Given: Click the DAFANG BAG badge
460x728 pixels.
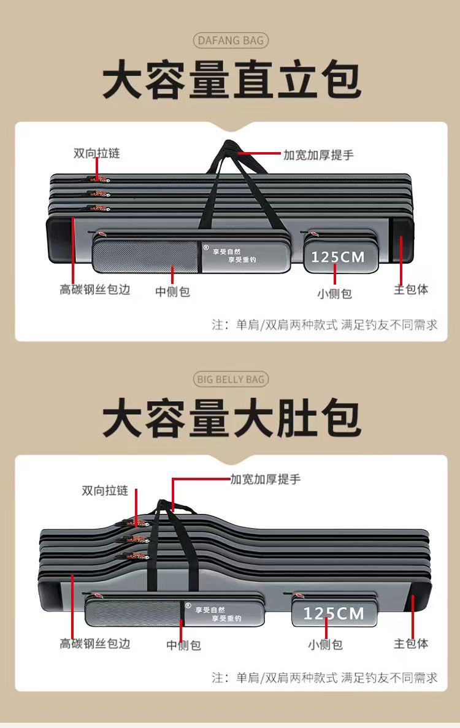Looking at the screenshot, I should (231, 41).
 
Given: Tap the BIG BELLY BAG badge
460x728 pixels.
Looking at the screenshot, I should (231, 379).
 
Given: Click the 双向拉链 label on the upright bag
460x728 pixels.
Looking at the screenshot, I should (96, 153).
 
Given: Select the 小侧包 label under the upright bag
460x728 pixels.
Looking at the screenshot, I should (334, 294).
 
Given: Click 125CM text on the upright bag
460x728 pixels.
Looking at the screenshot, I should (337, 256).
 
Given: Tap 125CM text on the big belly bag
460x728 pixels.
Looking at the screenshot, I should (333, 613).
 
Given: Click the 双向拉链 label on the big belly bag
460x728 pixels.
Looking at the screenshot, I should (105, 491).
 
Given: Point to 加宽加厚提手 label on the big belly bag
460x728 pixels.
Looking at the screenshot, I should (266, 479).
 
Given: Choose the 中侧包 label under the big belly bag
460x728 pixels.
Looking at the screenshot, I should (183, 645).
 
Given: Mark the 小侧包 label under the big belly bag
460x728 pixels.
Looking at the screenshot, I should (325, 645).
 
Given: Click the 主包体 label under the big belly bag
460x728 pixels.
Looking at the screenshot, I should (410, 643).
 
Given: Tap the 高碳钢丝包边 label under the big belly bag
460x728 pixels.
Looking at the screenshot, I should (95, 643).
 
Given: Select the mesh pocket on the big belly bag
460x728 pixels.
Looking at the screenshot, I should (134, 613).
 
